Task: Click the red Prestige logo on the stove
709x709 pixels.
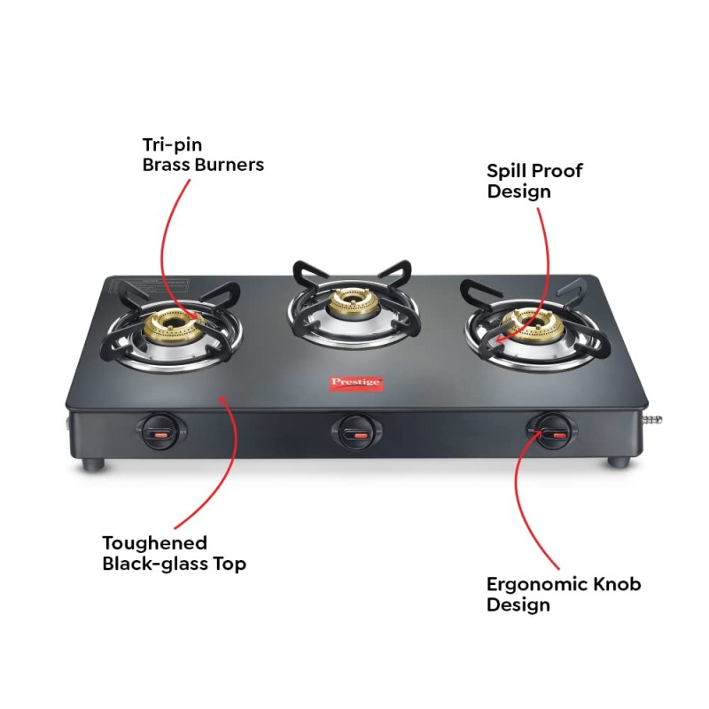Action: (356, 383)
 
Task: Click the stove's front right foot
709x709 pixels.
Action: (619, 462)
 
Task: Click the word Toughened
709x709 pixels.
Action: (154, 542)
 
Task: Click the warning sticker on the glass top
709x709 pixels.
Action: (149, 290)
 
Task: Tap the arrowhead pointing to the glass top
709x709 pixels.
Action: (222, 401)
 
